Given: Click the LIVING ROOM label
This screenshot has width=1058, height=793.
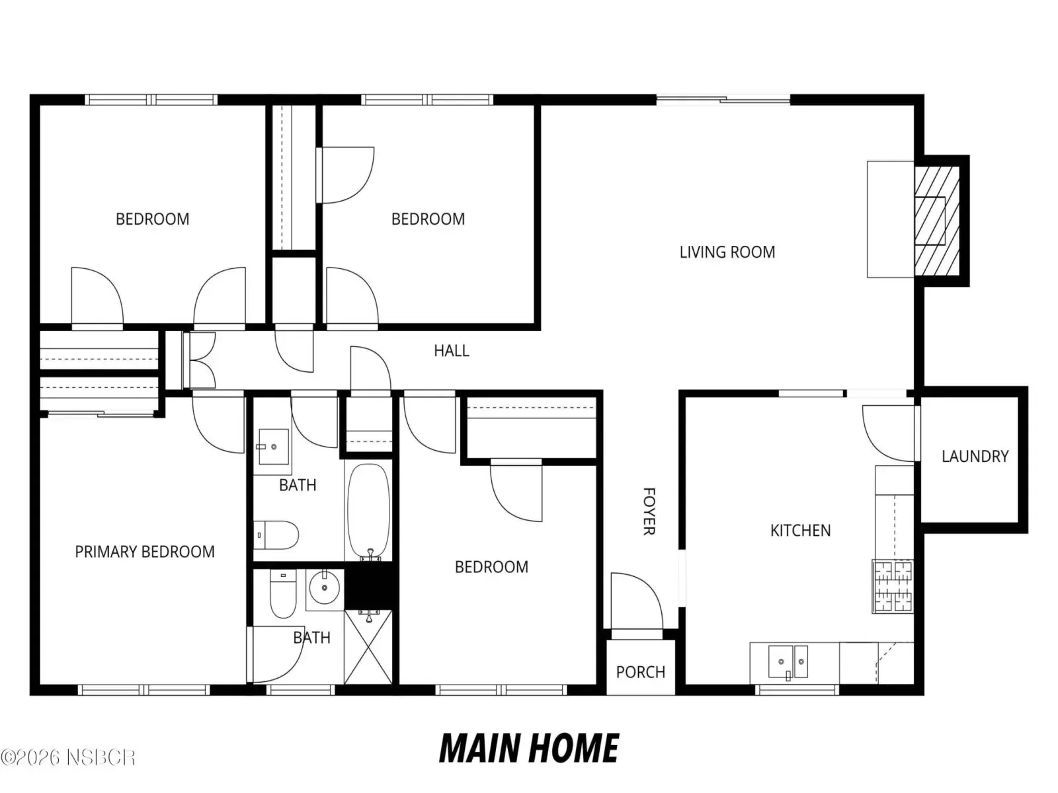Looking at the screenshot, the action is coord(727,252).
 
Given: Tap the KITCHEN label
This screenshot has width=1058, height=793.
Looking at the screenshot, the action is coord(800,530).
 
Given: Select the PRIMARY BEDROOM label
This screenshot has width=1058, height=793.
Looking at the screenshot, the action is coord(145,551).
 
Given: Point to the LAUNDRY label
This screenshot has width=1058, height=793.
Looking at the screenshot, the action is coord(975,456).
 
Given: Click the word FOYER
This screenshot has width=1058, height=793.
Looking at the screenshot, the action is coord(649,511).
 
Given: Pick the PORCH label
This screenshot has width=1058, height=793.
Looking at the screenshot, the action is coord(641,671).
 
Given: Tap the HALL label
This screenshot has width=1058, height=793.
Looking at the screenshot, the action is coord(451,350).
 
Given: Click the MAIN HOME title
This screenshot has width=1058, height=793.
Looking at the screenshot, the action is coord(529,748).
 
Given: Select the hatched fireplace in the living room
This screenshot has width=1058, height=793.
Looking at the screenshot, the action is coord(936,221).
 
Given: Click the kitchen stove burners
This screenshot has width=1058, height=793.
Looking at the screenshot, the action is coord(893,586).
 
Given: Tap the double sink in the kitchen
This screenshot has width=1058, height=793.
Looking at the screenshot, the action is coord(788,662).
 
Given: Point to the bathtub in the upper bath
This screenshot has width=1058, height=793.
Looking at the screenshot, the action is coord(369,511).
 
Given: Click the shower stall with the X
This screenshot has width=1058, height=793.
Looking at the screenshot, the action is coord(368,647).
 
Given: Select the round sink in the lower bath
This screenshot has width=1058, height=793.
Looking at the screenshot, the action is coord(325,588).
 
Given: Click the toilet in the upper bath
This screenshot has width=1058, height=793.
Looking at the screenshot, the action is coord(276,535).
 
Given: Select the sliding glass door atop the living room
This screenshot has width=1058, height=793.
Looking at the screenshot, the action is coord(723,100).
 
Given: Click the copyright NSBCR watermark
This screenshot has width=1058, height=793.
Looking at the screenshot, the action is coord(68,757).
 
